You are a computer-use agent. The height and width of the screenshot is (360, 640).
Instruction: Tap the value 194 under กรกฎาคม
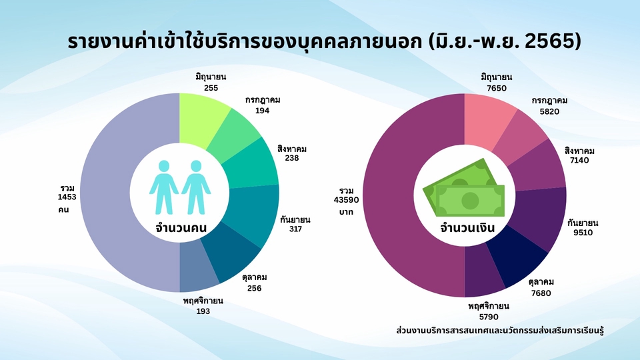click(x=262, y=111)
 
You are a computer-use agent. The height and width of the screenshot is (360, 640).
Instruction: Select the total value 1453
click(x=67, y=198)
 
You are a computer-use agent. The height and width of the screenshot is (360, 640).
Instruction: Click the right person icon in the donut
click(x=196, y=186)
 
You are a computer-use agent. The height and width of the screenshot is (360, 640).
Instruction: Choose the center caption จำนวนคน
click(x=179, y=227)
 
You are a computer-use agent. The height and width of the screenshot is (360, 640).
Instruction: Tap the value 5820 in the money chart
click(x=546, y=111)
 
